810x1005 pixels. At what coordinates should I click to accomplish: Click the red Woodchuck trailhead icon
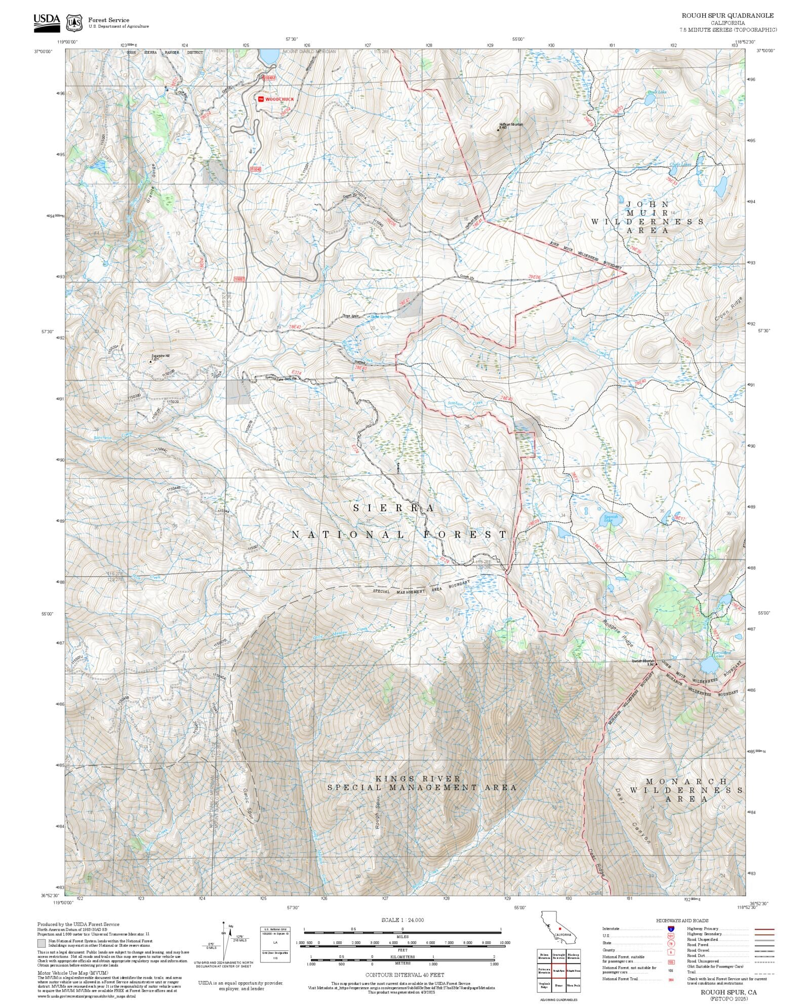tap(261, 99)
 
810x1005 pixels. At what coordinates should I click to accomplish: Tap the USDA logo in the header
tap(46, 22)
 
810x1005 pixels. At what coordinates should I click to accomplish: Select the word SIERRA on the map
tap(393, 508)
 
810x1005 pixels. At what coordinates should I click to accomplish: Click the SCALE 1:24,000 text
tap(402, 920)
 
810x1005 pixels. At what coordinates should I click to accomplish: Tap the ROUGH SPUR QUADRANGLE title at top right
tap(727, 15)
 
